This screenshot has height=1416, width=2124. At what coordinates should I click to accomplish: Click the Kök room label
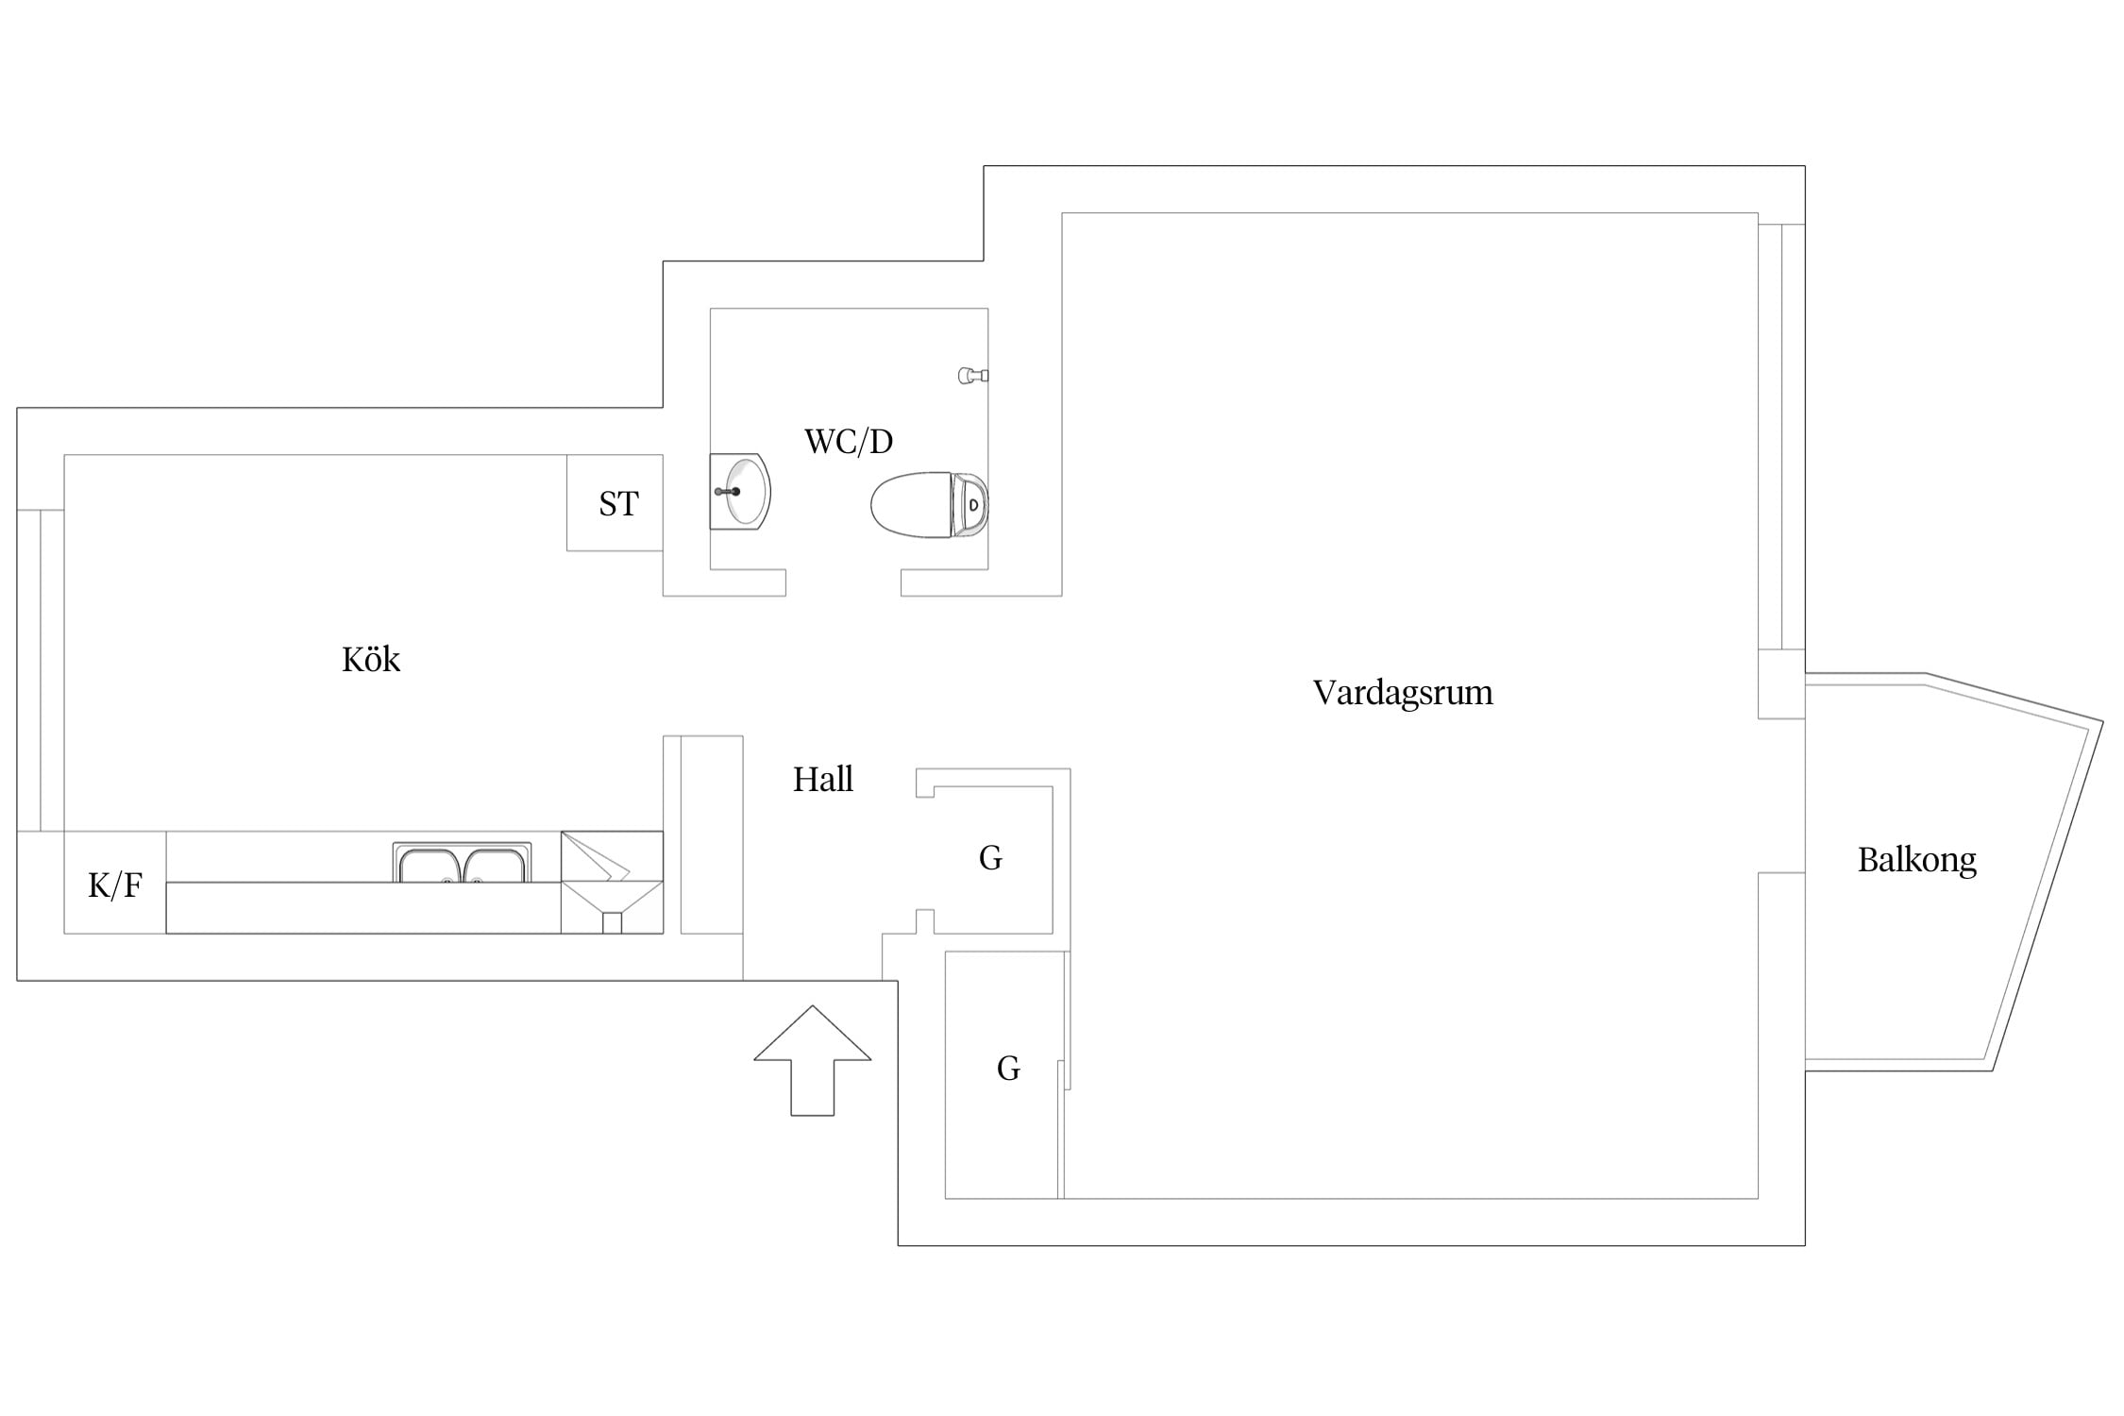[x=371, y=659]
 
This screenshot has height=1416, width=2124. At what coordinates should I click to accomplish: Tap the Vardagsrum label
[x=1403, y=693]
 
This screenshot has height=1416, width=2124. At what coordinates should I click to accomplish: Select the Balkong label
[x=1916, y=860]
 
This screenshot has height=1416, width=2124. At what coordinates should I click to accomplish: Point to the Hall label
[x=823, y=780]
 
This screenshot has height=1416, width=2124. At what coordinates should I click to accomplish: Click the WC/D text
[x=849, y=442]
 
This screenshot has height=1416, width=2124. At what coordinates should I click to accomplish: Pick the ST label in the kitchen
[x=618, y=504]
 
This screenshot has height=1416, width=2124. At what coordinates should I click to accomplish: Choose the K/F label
[x=115, y=885]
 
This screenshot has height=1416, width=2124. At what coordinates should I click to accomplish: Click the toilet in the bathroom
[x=929, y=505]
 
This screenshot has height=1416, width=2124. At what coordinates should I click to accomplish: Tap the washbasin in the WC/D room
[x=740, y=492]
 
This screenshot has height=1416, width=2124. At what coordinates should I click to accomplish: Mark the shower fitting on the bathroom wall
[x=973, y=376]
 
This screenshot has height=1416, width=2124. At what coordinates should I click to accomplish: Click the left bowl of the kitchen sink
[x=430, y=866]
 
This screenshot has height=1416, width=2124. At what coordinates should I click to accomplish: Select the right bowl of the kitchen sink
[x=495, y=866]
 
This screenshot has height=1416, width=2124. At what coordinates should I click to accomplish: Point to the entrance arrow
[x=812, y=1060]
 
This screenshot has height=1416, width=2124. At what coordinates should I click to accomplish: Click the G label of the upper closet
[x=990, y=858]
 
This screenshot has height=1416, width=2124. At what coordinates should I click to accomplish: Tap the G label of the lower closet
[x=1008, y=1069]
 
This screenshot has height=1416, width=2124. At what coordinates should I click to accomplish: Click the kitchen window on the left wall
[x=41, y=670]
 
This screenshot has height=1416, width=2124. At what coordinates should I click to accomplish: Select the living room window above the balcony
[x=1781, y=437]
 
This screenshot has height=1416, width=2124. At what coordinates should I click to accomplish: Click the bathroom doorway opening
[x=843, y=582]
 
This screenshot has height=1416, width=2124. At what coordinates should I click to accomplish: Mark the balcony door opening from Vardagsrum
[x=1782, y=796]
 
